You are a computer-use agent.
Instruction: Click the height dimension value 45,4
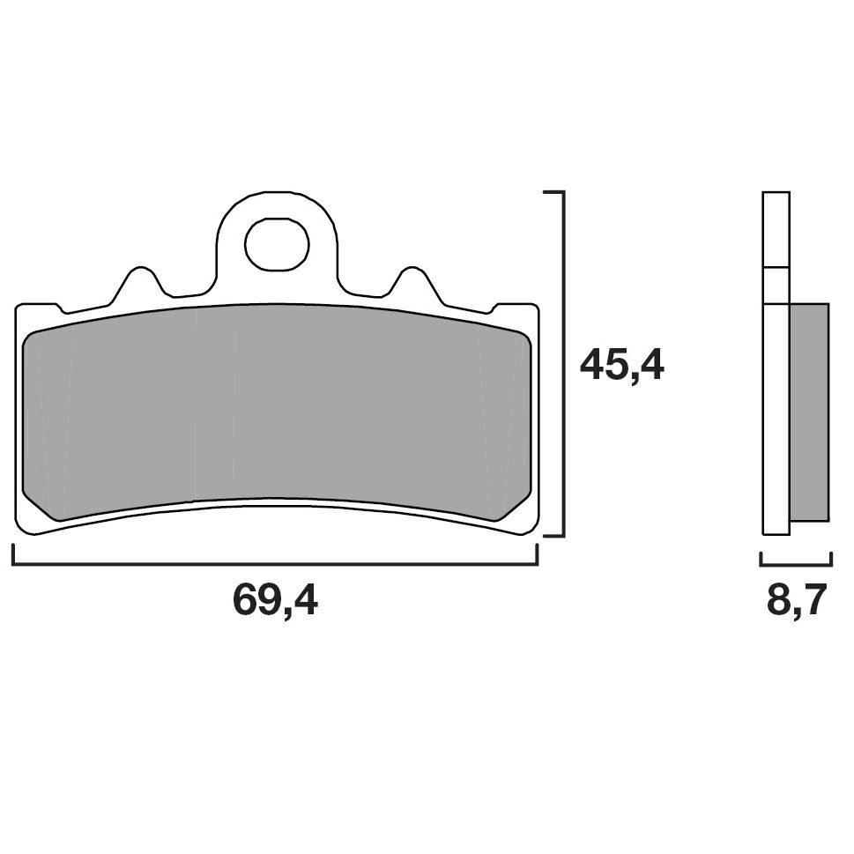(x=621, y=365)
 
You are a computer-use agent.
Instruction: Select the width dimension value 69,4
(x=275, y=601)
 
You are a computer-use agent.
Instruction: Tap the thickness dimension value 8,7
(x=796, y=601)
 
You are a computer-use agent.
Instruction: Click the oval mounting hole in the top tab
(x=277, y=243)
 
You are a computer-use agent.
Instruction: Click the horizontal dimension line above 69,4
(x=275, y=564)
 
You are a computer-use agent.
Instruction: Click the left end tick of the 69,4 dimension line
(x=13, y=555)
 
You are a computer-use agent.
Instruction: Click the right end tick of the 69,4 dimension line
(x=537, y=555)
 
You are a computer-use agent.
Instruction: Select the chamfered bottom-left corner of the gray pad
(x=37, y=508)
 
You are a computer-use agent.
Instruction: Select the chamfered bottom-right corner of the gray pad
(x=514, y=508)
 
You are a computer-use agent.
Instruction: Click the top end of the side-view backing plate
(x=776, y=194)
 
